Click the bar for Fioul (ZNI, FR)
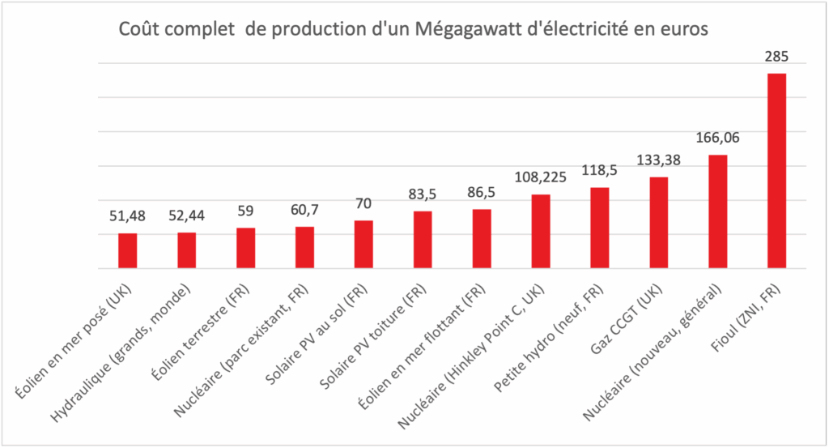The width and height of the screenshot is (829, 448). pos(776,171)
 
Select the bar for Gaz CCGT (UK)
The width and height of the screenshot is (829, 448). pos(659,223)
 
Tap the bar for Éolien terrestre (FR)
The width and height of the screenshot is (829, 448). pos(245,248)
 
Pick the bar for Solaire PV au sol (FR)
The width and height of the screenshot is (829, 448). pos(363,244)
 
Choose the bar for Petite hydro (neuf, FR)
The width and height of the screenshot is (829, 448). pos(600,228)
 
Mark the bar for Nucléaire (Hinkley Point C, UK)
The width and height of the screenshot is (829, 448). pos(541,232)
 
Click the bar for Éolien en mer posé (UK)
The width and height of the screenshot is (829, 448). pos(128,250)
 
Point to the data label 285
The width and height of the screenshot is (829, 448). pos(776,58)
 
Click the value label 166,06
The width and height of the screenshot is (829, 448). pos(717,139)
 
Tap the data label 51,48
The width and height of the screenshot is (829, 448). pos(128,216)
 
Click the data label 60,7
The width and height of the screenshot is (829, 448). pos(304,210)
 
